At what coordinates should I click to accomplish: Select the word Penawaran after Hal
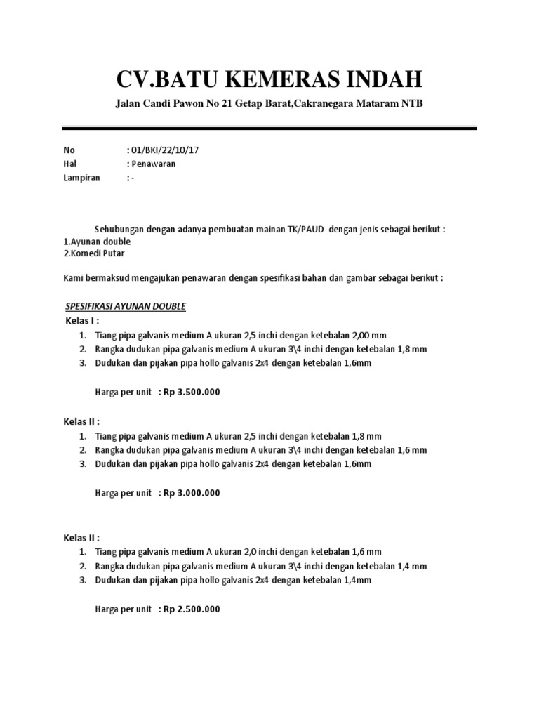pyautogui.click(x=153, y=164)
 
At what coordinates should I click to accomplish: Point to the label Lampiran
pyautogui.click(x=81, y=178)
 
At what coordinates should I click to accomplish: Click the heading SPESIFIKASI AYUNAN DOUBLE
pyautogui.click(x=125, y=307)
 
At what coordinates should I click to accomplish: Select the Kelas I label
pyautogui.click(x=82, y=321)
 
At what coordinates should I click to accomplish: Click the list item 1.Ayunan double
pyautogui.click(x=97, y=240)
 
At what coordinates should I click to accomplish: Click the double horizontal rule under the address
pyautogui.click(x=269, y=128)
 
